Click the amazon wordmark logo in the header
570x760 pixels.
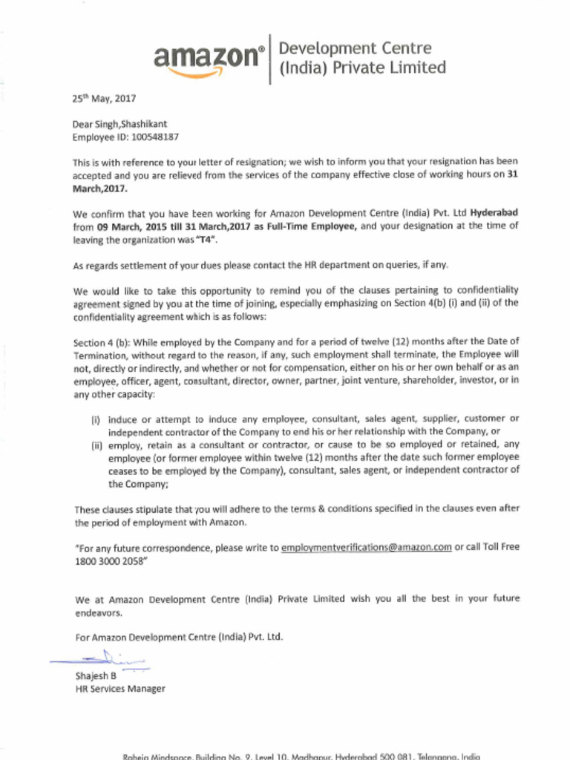[208, 56]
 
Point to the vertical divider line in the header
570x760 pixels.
[270, 59]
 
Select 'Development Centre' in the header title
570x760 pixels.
[355, 49]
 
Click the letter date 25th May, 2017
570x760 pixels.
[104, 98]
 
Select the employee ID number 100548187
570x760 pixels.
[154, 137]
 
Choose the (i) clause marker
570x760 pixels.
[95, 419]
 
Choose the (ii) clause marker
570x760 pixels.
[96, 445]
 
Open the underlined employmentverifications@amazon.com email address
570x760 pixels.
[367, 548]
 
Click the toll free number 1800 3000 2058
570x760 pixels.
[104, 560]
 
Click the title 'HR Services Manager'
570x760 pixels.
[120, 689]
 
